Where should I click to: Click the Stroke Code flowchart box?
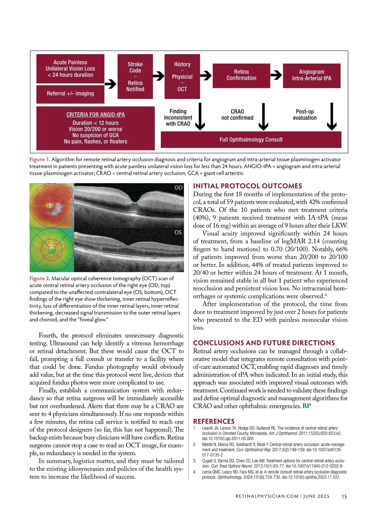[135, 77]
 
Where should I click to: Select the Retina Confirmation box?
[241, 75]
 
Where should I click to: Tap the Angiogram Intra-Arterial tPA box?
[312, 75]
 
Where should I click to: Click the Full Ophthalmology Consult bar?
[251, 140]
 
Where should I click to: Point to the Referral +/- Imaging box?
[70, 94]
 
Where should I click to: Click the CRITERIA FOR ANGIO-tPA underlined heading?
[96, 115]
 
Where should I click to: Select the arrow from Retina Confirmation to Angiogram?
[276, 75]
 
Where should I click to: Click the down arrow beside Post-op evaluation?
[332, 117]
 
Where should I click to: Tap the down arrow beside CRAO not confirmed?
[263, 117]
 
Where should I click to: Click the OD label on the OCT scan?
[178, 188]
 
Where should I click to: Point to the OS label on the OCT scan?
[178, 232]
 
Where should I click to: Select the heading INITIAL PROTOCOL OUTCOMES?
[248, 186]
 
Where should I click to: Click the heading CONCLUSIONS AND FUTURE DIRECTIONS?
[264, 343]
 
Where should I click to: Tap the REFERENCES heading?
[214, 421]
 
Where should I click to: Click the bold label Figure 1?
[40, 160]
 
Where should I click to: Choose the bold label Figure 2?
[40, 279]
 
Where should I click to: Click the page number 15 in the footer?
[344, 496]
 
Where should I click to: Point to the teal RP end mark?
[307, 406]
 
